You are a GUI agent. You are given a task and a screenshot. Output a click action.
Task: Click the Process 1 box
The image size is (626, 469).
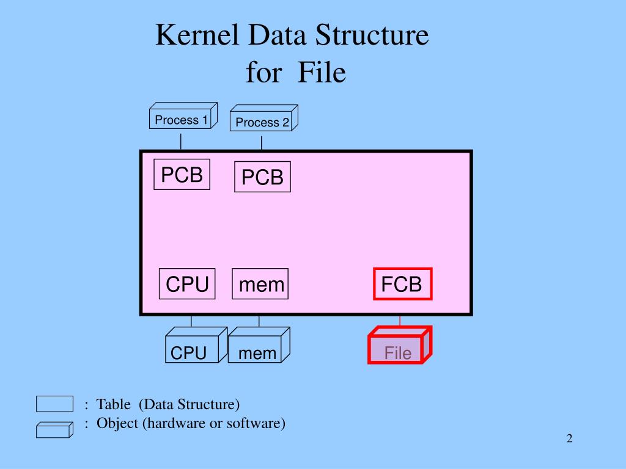click(x=182, y=120)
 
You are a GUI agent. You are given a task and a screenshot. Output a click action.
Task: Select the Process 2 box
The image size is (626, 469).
click(x=262, y=122)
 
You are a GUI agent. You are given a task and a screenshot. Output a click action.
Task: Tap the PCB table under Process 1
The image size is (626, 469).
click(x=182, y=175)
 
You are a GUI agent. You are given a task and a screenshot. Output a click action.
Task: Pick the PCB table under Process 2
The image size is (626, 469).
click(x=262, y=177)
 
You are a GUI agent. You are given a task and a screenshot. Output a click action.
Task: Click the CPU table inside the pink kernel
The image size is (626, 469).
click(x=187, y=284)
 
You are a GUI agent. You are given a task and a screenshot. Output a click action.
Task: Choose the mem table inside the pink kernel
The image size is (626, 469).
click(x=260, y=284)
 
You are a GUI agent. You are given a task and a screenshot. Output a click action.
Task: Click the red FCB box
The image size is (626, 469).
click(x=402, y=284)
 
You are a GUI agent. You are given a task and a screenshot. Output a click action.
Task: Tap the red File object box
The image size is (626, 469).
click(x=398, y=352)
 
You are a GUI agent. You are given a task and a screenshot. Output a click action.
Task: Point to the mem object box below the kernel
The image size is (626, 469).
click(x=257, y=352)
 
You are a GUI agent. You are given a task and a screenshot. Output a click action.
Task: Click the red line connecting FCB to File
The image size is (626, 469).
click(x=400, y=321)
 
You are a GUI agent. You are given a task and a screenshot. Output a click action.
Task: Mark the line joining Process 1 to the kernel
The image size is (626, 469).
click(x=181, y=141)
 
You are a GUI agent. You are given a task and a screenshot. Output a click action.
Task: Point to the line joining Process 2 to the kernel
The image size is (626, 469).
click(x=262, y=143)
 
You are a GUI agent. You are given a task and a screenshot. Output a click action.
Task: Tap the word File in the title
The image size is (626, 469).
click(x=322, y=73)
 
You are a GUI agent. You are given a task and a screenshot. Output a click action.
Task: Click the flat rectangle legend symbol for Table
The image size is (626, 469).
click(x=54, y=404)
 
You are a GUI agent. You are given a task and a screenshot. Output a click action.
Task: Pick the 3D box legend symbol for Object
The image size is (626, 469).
click(x=54, y=429)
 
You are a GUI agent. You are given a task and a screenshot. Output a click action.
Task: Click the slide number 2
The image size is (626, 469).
click(x=569, y=438)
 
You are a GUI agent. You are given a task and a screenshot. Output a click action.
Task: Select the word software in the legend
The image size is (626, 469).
click(x=256, y=423)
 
